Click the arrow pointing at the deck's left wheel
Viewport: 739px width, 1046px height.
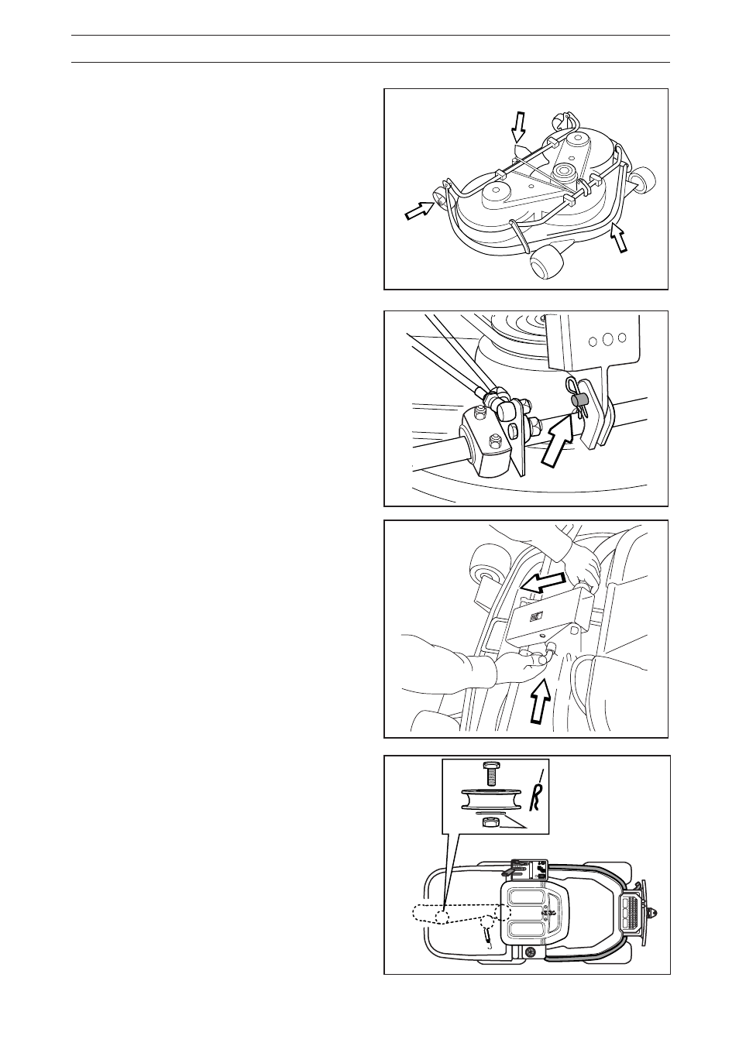click(418, 210)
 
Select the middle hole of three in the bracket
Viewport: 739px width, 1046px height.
click(607, 339)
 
